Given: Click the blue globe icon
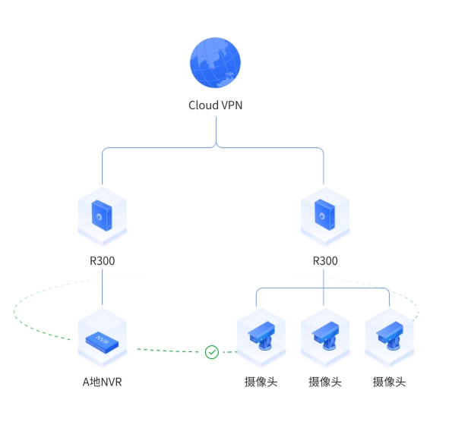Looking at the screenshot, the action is [215, 63].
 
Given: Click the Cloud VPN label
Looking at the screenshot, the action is [215, 105].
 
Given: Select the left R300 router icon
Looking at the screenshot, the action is [103, 216].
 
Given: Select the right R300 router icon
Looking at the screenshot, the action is [325, 216].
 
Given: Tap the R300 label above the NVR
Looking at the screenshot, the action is [103, 261].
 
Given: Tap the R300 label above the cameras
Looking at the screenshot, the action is [325, 261].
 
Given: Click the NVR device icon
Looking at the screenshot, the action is [103, 342].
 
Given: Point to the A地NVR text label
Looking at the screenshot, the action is [103, 382].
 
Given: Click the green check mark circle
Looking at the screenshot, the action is [212, 352].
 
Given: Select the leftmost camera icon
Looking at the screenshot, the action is [261, 335].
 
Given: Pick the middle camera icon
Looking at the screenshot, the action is [325, 335].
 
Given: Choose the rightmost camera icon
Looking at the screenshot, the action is [390, 335].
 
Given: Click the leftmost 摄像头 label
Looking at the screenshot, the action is [261, 382].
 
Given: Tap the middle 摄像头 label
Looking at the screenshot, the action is [325, 382].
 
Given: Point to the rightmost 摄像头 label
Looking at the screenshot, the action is [389, 382].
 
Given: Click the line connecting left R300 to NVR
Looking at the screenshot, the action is [103, 287].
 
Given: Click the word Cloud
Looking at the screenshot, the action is [204, 105].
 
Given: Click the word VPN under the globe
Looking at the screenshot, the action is [232, 105].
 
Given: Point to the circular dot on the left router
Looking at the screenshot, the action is [99, 217].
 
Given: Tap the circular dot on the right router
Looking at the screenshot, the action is [322, 216].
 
